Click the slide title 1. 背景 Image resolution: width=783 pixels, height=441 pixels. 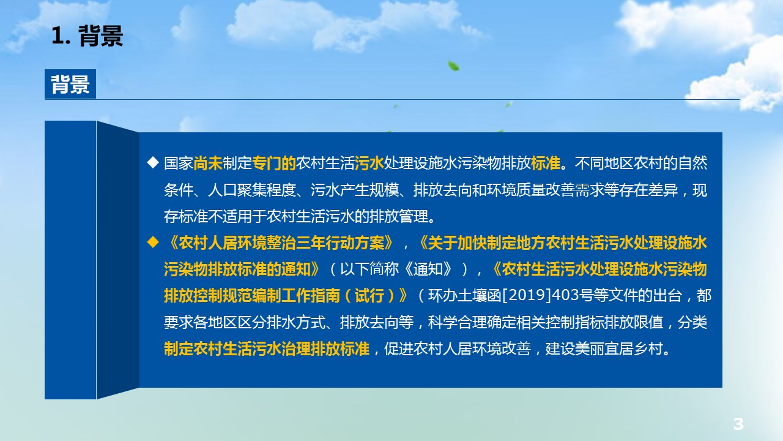point(87,36)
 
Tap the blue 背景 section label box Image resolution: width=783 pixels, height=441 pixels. point(70,84)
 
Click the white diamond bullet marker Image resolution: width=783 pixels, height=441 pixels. point(153,163)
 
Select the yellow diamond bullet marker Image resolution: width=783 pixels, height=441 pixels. point(153,242)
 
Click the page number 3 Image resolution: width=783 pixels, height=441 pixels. point(738,424)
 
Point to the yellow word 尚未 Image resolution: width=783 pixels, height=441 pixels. point(208,163)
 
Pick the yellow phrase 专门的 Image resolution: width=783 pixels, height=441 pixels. point(274,163)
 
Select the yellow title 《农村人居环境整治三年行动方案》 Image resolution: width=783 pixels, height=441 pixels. point(279,243)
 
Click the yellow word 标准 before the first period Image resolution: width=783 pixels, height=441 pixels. point(545,163)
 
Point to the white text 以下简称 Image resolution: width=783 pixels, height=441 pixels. point(369,269)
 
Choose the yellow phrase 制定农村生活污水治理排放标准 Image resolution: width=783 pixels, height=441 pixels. point(267,349)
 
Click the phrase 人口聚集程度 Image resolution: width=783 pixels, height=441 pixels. point(251,190)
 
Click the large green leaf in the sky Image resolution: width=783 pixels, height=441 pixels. point(453,66)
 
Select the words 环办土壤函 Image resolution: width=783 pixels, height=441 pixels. point(465,296)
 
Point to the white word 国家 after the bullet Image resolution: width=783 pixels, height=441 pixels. point(179,163)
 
